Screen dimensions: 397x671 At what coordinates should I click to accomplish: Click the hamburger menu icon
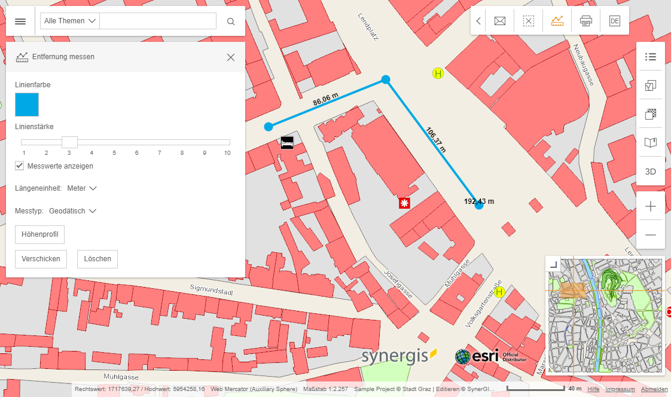tap(20, 22)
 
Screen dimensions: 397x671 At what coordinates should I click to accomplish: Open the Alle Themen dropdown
tap(70, 21)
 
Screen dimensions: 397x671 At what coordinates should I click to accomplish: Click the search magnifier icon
tap(231, 22)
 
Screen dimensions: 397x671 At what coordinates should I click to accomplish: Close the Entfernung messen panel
tap(231, 57)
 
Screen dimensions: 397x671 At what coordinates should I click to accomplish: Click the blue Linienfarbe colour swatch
tap(27, 104)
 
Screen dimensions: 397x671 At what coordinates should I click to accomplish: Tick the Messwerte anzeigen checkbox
tap(20, 166)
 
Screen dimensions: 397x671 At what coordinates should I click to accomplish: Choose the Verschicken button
tap(41, 259)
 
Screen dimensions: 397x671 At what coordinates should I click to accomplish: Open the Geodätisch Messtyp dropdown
tap(73, 210)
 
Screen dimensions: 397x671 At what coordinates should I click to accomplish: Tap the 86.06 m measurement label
tap(326, 100)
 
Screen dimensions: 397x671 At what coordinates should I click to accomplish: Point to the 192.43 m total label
tap(479, 201)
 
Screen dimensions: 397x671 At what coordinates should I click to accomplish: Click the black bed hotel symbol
tap(287, 142)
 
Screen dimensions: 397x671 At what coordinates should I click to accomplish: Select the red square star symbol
tap(405, 203)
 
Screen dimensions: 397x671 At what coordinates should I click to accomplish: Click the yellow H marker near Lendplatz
tap(438, 74)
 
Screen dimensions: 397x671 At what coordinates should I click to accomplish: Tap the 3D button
tap(651, 172)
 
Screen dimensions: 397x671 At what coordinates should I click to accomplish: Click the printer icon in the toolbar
tap(586, 22)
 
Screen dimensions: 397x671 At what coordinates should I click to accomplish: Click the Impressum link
tap(620, 389)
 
